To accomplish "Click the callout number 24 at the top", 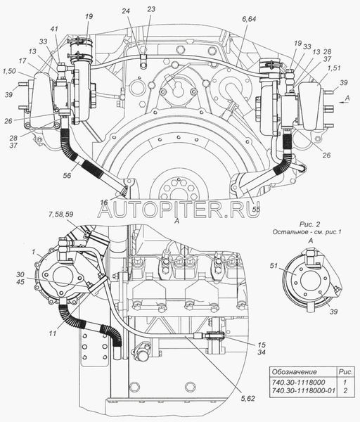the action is click(126, 11).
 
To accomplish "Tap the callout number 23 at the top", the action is click(151, 9).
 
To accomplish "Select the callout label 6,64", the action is click(249, 19).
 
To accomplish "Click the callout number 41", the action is click(54, 29).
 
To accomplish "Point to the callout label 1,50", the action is click(9, 71).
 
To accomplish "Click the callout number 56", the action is click(67, 175).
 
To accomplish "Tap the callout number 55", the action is click(256, 208).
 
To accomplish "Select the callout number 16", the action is click(104, 202).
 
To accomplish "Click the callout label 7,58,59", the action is click(60, 215).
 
